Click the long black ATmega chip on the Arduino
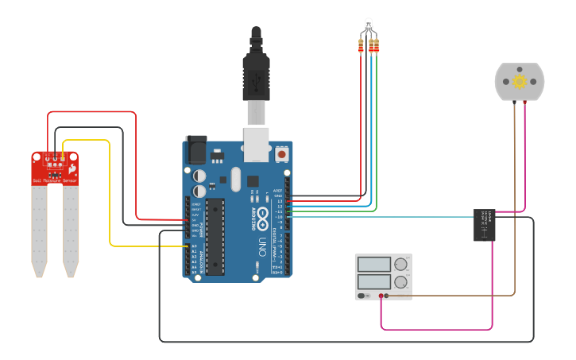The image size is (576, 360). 215,237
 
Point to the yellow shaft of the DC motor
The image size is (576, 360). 520,81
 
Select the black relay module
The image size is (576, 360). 485,225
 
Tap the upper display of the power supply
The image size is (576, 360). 373,264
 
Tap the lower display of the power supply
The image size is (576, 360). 373,281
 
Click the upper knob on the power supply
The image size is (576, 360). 401,265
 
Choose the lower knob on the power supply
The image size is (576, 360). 401,281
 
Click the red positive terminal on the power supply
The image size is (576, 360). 382,296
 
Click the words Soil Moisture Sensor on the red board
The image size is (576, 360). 55,181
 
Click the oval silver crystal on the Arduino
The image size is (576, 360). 234,180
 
